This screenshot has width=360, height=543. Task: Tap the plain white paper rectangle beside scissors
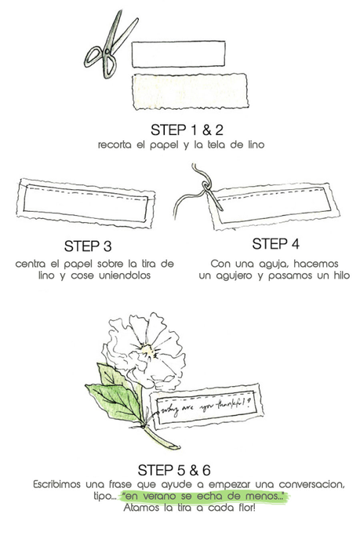[x=178, y=53]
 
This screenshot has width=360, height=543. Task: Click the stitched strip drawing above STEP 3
[x=85, y=202]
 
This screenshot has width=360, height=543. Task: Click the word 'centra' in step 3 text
[x=33, y=263]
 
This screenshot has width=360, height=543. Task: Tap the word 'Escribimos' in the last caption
[x=60, y=485]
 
